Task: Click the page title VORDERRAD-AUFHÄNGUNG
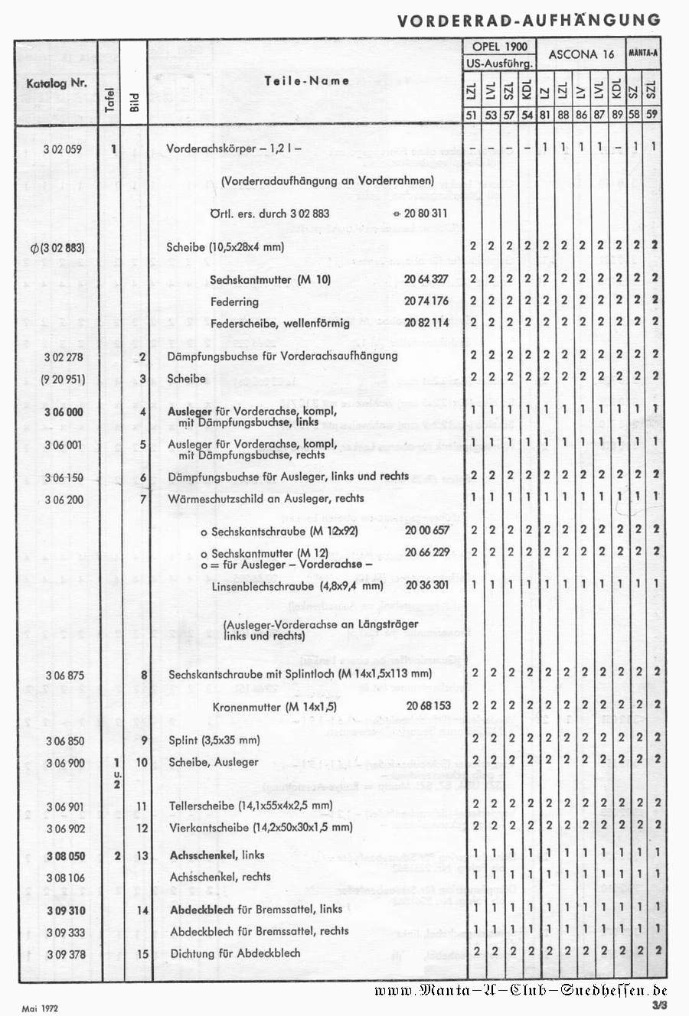pyautogui.click(x=528, y=21)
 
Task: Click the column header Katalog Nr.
pyautogui.click(x=57, y=83)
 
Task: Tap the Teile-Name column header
pyautogui.click(x=307, y=80)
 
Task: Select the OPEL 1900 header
pyautogui.click(x=499, y=47)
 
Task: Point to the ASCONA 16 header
pyautogui.click(x=582, y=54)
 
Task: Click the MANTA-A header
pyautogui.click(x=643, y=54)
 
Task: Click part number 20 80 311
pyautogui.click(x=426, y=213)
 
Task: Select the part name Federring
pyautogui.click(x=234, y=301)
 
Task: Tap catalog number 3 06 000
pyautogui.click(x=64, y=412)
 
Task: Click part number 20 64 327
pyautogui.click(x=426, y=279)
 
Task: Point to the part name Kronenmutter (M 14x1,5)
pyautogui.click(x=274, y=706)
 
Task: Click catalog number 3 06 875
pyautogui.click(x=64, y=675)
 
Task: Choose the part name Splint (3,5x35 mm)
pyautogui.click(x=214, y=740)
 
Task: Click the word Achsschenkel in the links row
pyautogui.click(x=204, y=855)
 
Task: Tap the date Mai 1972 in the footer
pyautogui.click(x=40, y=1009)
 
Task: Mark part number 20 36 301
pyautogui.click(x=427, y=585)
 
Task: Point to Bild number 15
pyautogui.click(x=142, y=954)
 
